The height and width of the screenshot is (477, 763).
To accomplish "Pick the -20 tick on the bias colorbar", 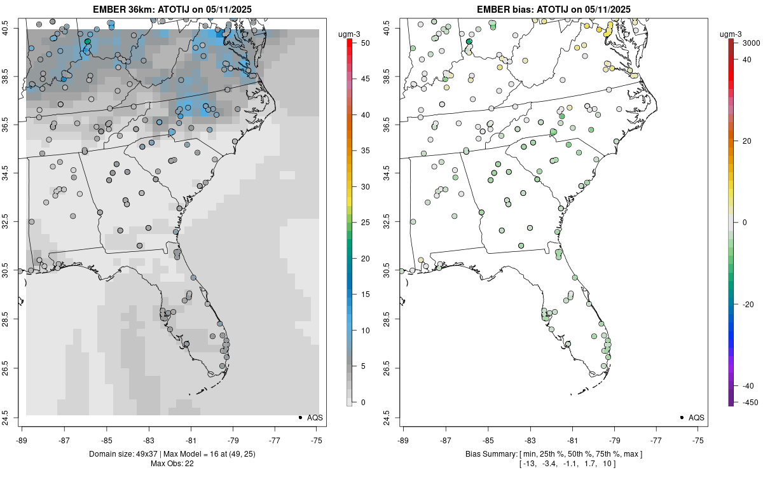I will [746, 304].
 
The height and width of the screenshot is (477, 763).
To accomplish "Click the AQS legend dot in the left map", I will [299, 418].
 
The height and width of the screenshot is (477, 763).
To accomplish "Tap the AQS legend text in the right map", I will [697, 418].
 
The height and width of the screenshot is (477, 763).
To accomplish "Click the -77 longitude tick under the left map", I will [275, 439].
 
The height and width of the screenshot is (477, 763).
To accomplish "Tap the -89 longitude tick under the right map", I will [404, 439].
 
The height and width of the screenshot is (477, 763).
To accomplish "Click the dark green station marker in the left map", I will [88, 41].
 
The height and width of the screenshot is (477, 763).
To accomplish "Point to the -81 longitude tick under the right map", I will [572, 439].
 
